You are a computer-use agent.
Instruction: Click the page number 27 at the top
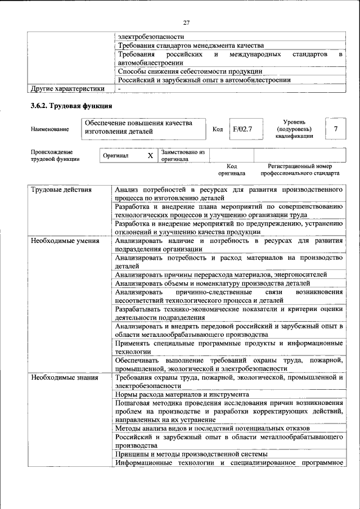(186, 22)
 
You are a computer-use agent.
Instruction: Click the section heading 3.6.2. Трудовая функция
(71, 105)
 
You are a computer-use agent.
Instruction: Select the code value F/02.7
(244, 129)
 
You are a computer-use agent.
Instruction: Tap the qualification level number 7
(335, 129)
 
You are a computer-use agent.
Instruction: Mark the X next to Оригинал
(150, 155)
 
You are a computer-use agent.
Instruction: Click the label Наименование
(51, 129)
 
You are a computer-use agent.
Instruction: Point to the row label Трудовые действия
(61, 190)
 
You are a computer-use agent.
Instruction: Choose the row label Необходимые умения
(65, 241)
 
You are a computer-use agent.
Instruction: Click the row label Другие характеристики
(67, 88)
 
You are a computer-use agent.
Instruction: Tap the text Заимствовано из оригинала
(182, 155)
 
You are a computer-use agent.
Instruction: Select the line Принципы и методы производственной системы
(191, 453)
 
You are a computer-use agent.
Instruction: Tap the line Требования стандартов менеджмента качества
(190, 45)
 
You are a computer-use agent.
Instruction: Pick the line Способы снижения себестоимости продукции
(190, 71)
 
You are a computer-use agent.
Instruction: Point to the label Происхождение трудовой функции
(55, 155)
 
